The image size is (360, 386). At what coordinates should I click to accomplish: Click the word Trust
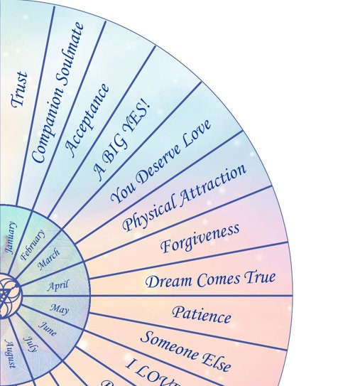[20, 89]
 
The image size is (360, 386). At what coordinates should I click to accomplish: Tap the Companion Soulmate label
[58, 92]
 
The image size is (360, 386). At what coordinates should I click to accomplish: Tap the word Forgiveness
[200, 237]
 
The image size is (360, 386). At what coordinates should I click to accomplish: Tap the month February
[33, 245]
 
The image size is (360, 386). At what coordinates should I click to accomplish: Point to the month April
[58, 286]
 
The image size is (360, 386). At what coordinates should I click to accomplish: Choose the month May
[59, 309]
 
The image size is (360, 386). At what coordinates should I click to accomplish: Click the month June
[48, 328]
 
